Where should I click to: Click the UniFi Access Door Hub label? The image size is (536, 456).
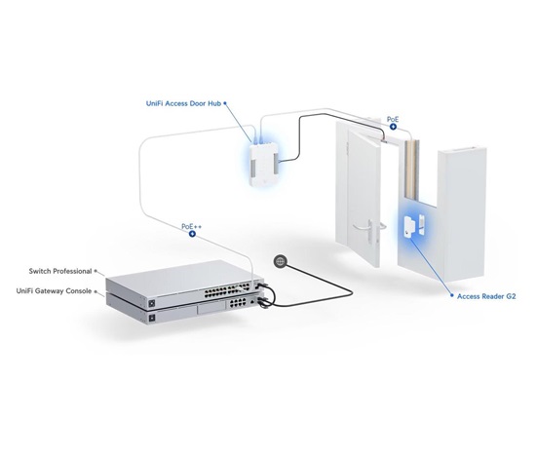coord(183,103)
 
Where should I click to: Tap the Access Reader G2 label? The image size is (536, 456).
coord(486,296)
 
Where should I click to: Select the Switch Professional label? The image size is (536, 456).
coord(60,271)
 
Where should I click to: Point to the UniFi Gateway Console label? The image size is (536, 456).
coord(54,291)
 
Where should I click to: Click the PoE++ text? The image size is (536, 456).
coord(191,226)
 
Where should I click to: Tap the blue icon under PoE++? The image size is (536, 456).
coord(192,234)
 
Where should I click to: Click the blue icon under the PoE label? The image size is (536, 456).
coord(393,127)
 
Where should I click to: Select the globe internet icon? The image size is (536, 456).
coord(280,261)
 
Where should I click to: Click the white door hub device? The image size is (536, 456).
coord(263,165)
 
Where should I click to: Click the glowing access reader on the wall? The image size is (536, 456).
coord(409,226)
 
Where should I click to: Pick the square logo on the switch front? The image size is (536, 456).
coord(152,304)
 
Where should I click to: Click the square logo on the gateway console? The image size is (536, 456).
coord(152,319)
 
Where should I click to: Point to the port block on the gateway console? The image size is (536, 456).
coord(238,302)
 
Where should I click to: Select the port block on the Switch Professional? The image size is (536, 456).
coord(227,290)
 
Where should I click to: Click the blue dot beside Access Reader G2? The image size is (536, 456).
coord(452,295)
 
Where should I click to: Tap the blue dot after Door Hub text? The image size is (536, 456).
coord(225,103)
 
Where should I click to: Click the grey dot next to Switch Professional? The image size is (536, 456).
coord(96,271)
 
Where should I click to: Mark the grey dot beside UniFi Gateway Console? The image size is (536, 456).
coord(96,291)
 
